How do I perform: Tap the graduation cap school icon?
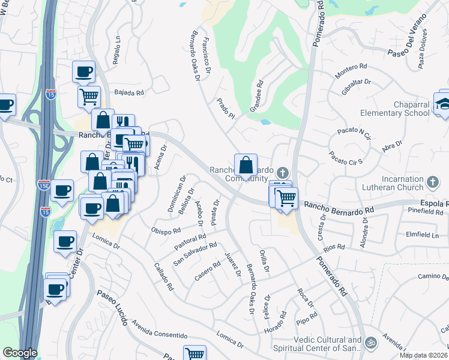[x=444, y=104]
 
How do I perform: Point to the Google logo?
[x=19, y=353]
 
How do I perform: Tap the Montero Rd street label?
[x=351, y=70]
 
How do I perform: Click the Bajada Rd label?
[x=130, y=93]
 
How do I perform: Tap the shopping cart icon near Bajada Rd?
[x=89, y=96]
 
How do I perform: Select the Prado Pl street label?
[x=225, y=109]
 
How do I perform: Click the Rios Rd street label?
[x=334, y=247]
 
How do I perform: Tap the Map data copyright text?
[x=424, y=355]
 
